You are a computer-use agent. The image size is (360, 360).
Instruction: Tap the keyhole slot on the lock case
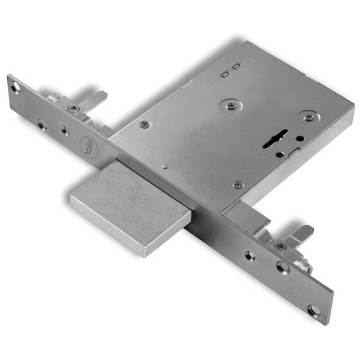(x=274, y=139)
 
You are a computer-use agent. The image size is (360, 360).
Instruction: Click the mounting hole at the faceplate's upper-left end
(x=16, y=88)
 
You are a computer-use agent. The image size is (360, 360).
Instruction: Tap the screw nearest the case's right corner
(x=309, y=117)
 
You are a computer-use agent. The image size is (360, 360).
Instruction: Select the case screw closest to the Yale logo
(x=145, y=125)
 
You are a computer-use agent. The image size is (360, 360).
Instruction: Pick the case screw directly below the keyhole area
(x=238, y=184)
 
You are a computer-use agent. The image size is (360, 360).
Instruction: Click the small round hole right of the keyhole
(x=300, y=138)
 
